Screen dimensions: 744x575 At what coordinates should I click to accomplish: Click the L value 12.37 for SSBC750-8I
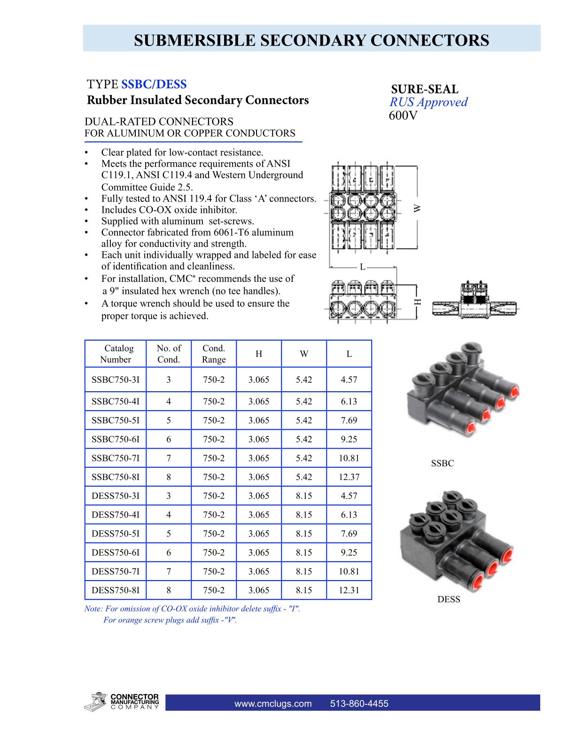349,477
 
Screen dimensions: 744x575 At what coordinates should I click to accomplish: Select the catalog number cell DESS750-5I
116,534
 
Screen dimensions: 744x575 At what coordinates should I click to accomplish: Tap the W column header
304,354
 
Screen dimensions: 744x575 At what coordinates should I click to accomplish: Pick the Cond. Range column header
214,354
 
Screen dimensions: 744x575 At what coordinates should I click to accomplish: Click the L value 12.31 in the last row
349,590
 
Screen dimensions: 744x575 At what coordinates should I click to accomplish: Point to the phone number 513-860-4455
359,704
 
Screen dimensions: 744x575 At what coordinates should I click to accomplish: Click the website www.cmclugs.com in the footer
273,704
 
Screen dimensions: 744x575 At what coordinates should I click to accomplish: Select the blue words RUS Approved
428,102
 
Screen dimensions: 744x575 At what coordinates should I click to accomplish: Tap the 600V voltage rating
403,116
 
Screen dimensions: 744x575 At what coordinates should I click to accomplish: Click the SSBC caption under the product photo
442,463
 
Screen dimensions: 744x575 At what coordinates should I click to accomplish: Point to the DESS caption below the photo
449,599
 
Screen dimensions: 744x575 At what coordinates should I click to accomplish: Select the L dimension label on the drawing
362,267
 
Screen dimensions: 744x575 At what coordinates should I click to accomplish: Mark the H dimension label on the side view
417,302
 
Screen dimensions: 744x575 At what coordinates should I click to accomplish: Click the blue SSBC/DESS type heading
154,85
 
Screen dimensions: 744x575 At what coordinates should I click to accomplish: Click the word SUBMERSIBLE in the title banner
195,40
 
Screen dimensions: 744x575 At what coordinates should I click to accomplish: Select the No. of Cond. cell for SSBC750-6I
169,439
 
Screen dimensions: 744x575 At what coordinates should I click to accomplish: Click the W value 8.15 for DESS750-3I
304,496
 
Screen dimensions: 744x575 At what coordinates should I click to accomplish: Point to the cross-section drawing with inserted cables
475,301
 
